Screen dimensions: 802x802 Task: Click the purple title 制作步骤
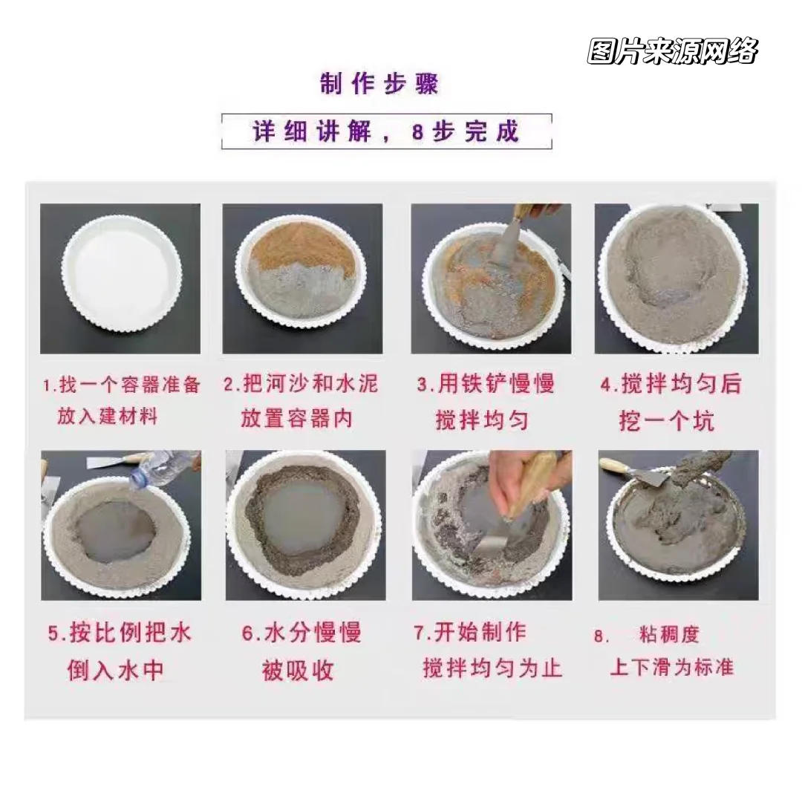pyautogui.click(x=379, y=82)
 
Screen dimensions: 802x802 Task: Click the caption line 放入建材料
pyautogui.click(x=108, y=416)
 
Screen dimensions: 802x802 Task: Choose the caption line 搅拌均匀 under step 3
pyautogui.click(x=481, y=420)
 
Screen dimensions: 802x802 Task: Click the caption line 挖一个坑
pyautogui.click(x=666, y=420)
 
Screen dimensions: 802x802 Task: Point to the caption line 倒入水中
pyautogui.click(x=115, y=671)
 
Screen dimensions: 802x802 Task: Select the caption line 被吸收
pyautogui.click(x=298, y=671)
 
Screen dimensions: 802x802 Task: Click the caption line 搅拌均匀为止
pyautogui.click(x=492, y=668)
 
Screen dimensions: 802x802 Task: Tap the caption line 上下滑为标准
pyautogui.click(x=671, y=667)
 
